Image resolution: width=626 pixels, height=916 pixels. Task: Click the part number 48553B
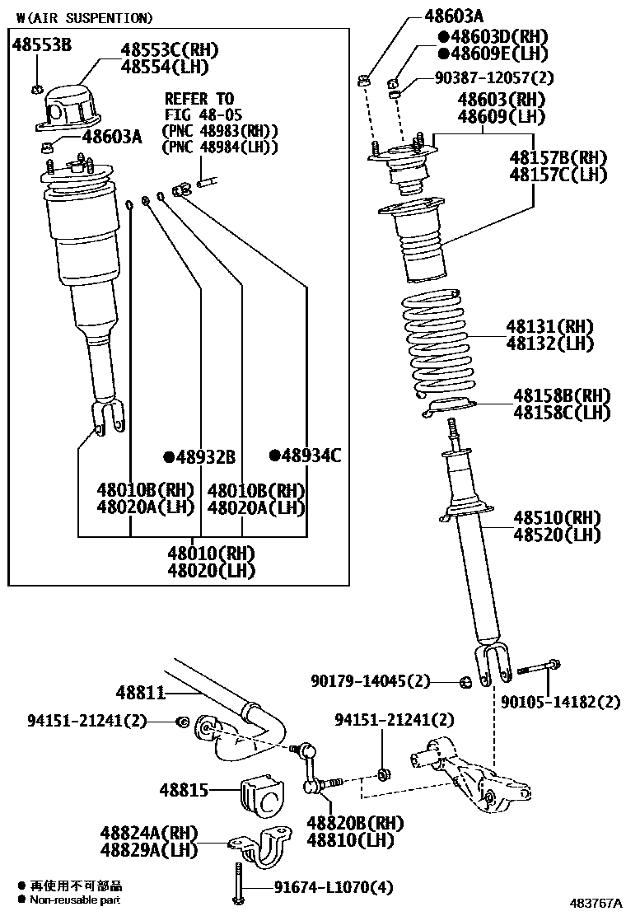pos(42,45)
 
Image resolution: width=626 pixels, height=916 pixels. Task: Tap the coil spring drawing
pos(436,346)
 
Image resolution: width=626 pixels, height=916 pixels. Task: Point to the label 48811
pos(141,694)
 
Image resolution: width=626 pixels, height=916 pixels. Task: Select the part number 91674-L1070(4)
pos(333,888)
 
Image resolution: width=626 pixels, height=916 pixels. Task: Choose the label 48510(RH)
pos(558,518)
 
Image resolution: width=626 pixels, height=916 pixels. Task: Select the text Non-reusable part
pos(76,900)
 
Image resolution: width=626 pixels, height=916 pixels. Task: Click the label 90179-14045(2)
pos(371,681)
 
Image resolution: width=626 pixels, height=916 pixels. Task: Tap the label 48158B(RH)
pos(563,395)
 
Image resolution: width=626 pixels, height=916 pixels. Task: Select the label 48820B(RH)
pos(355,823)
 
